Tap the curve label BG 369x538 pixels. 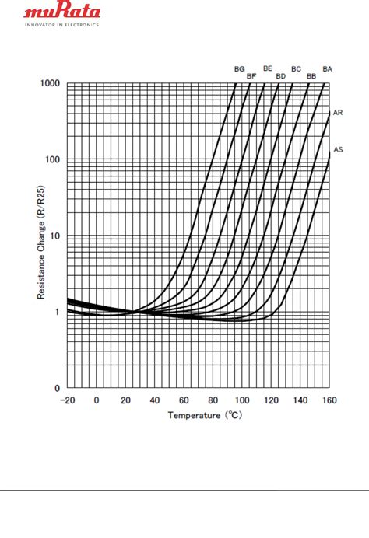240,69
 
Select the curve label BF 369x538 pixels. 251,76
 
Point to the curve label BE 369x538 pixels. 268,68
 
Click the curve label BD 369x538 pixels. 280,76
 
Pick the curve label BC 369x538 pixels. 296,69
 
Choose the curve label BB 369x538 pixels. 311,76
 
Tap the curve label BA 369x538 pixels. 327,69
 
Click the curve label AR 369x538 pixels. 338,113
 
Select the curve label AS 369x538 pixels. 338,148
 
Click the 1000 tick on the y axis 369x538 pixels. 51,83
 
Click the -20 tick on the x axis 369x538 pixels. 67,400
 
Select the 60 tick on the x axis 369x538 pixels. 184,400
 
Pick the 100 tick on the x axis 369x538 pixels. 242,400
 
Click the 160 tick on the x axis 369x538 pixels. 329,400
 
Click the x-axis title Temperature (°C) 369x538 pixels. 206,415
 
